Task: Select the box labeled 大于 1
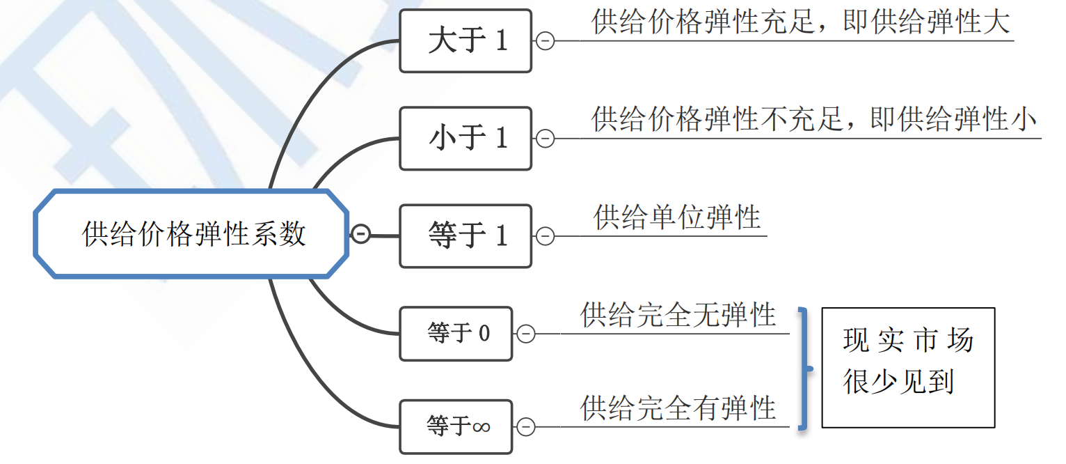465,41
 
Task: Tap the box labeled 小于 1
465,138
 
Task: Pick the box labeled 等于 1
465,235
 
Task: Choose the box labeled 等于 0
456,334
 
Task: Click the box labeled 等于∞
456,426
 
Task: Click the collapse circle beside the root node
360,233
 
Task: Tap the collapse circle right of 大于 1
545,41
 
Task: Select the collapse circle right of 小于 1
545,139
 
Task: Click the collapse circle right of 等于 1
545,236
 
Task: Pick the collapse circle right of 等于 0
526,334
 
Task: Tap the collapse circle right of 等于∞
526,426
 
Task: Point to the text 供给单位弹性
677,217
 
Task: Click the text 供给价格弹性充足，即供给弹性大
800,22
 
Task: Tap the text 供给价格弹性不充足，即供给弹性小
814,120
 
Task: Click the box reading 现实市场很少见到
908,367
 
